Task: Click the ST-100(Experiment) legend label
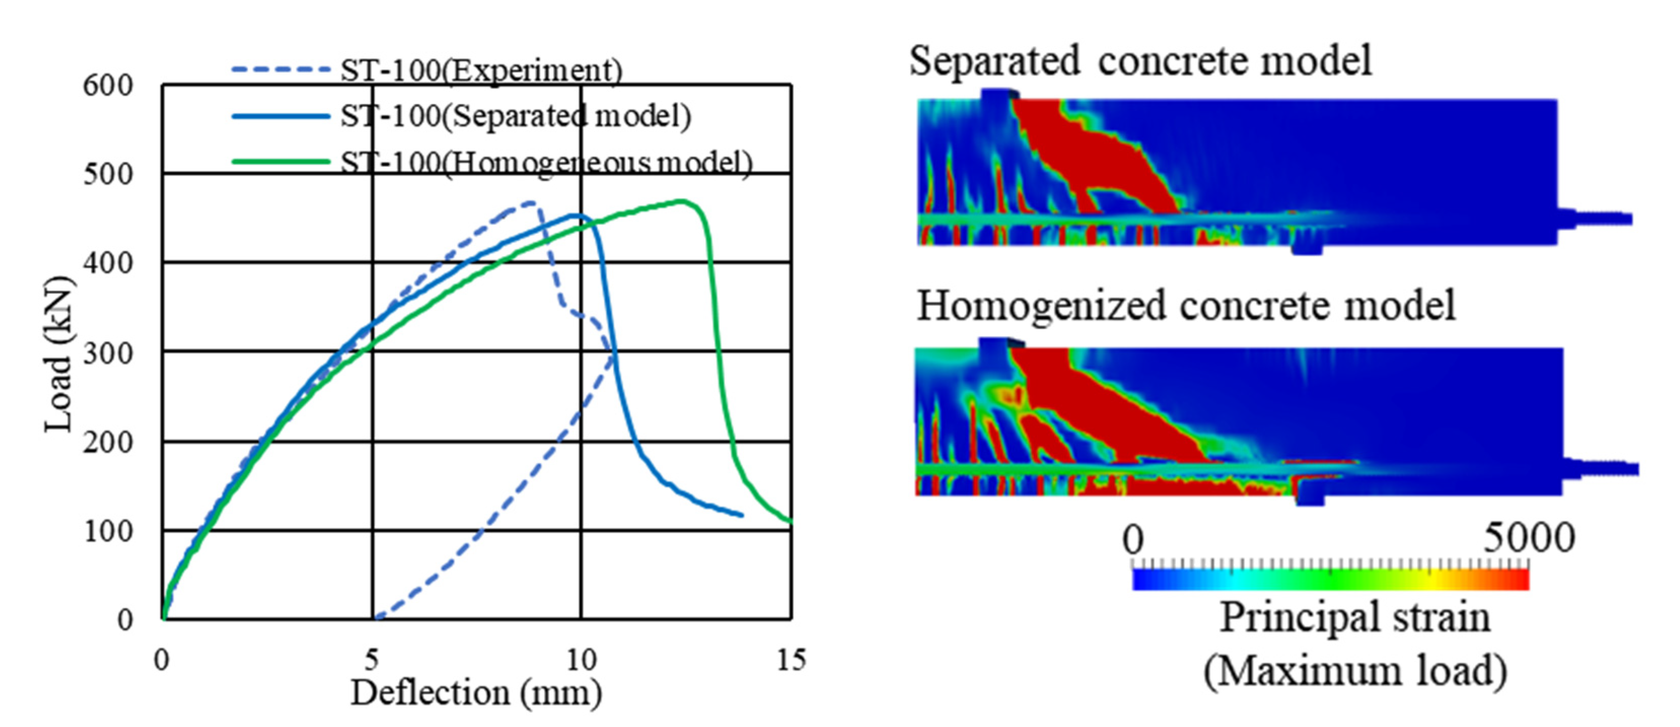point(481,70)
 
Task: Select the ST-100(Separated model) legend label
point(515,117)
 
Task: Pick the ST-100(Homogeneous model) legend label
point(546,162)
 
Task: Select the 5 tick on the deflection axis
point(372,660)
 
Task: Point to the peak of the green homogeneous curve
point(681,201)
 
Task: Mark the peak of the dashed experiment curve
point(530,202)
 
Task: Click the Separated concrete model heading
point(1140,61)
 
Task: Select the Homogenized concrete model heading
point(1186,306)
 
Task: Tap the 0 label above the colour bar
point(1134,540)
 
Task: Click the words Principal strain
point(1355,617)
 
